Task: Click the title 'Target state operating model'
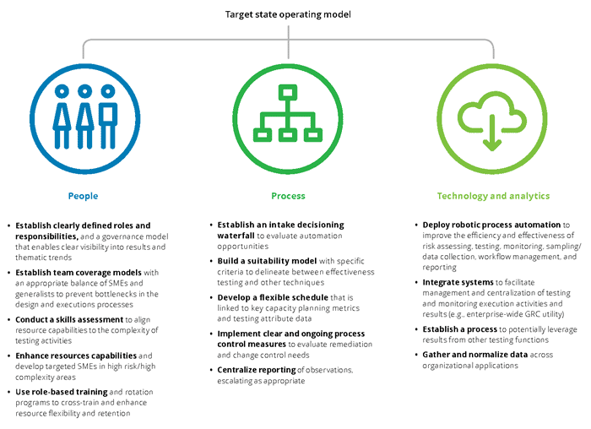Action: point(288,14)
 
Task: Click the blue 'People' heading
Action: point(83,196)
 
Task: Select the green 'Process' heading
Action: point(288,196)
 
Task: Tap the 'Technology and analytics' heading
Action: point(493,196)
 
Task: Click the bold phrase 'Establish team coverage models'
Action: point(73,272)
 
